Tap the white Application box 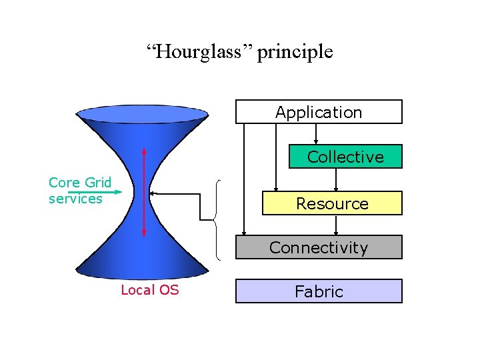(x=319, y=112)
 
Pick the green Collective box (x=345, y=157)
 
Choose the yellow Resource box (x=332, y=203)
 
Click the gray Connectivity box (x=319, y=247)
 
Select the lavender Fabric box (x=319, y=291)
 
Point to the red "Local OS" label (x=149, y=290)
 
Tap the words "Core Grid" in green (x=80, y=183)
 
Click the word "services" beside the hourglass (x=75, y=199)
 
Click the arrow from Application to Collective (x=315, y=134)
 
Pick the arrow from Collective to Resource (x=335, y=179)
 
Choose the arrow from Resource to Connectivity (x=335, y=225)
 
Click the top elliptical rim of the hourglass (x=143, y=114)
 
